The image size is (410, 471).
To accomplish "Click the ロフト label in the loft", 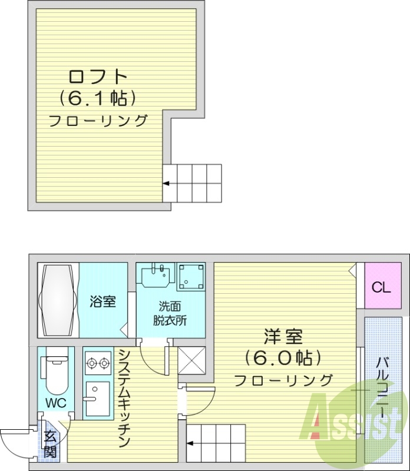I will pos(98,77).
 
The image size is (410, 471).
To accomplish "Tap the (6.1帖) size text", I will pos(98,98).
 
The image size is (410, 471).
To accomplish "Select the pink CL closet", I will pos(381,288).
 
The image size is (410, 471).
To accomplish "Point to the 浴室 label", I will pos(102,302).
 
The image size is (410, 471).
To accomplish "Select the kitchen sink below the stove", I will pos(97,399).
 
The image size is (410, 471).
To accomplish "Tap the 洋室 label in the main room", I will pos(283,337).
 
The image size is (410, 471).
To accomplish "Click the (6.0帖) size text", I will pos(283,357).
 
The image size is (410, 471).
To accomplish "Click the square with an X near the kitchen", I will pos(191,360).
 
